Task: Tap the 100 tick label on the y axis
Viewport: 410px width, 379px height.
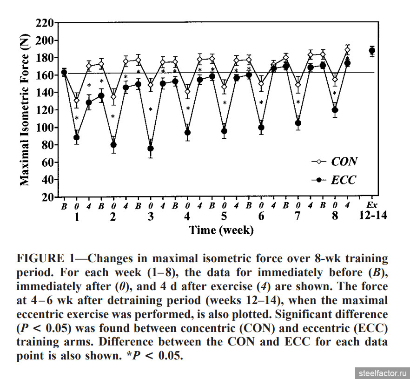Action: [45, 128]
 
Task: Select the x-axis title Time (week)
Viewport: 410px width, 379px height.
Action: [221, 230]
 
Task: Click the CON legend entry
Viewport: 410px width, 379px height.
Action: [344, 162]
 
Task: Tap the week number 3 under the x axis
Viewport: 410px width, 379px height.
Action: [150, 216]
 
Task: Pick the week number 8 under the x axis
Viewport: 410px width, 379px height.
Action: [334, 216]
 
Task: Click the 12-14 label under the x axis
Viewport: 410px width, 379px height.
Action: [372, 216]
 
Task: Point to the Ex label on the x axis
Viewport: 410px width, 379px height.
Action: [371, 205]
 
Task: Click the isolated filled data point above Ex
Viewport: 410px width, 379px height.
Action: [372, 51]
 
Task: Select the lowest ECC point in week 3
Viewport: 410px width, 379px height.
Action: [151, 149]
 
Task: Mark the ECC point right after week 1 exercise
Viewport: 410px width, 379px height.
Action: [77, 137]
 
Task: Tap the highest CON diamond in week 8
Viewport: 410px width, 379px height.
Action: [347, 50]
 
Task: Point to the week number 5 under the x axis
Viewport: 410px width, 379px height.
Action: [224, 216]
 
